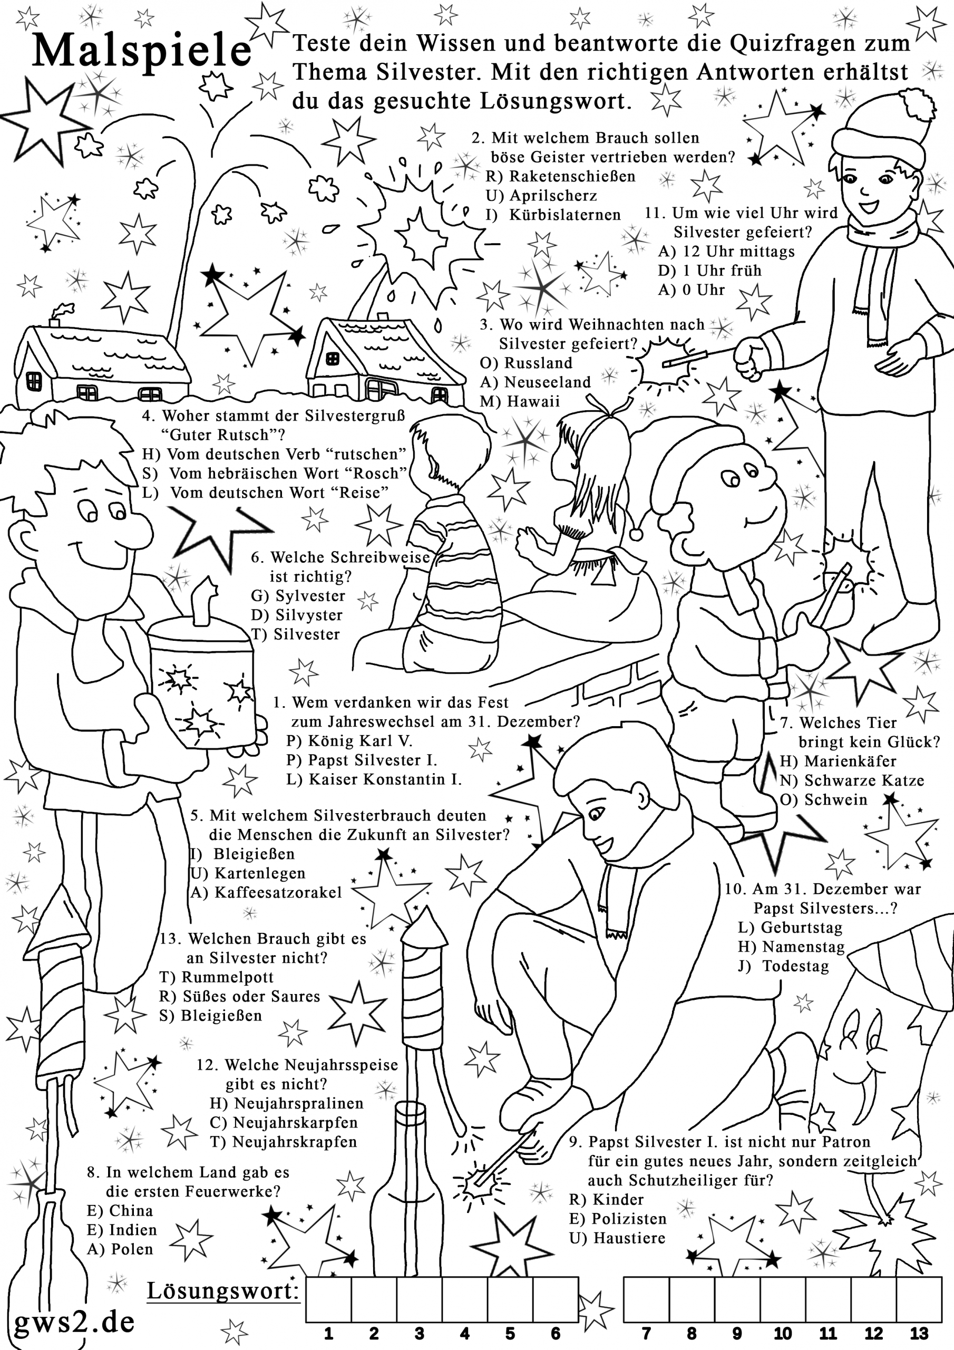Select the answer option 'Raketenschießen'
pos(572,176)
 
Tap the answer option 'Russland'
pos(538,363)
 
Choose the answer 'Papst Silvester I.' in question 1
pos(372,760)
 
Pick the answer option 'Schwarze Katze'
pos(864,780)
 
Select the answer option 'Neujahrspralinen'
pos(299,1103)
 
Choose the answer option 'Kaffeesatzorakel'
pos(278,893)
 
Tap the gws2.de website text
pos(74,1321)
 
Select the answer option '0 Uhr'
pos(704,290)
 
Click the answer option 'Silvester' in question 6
pos(306,634)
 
